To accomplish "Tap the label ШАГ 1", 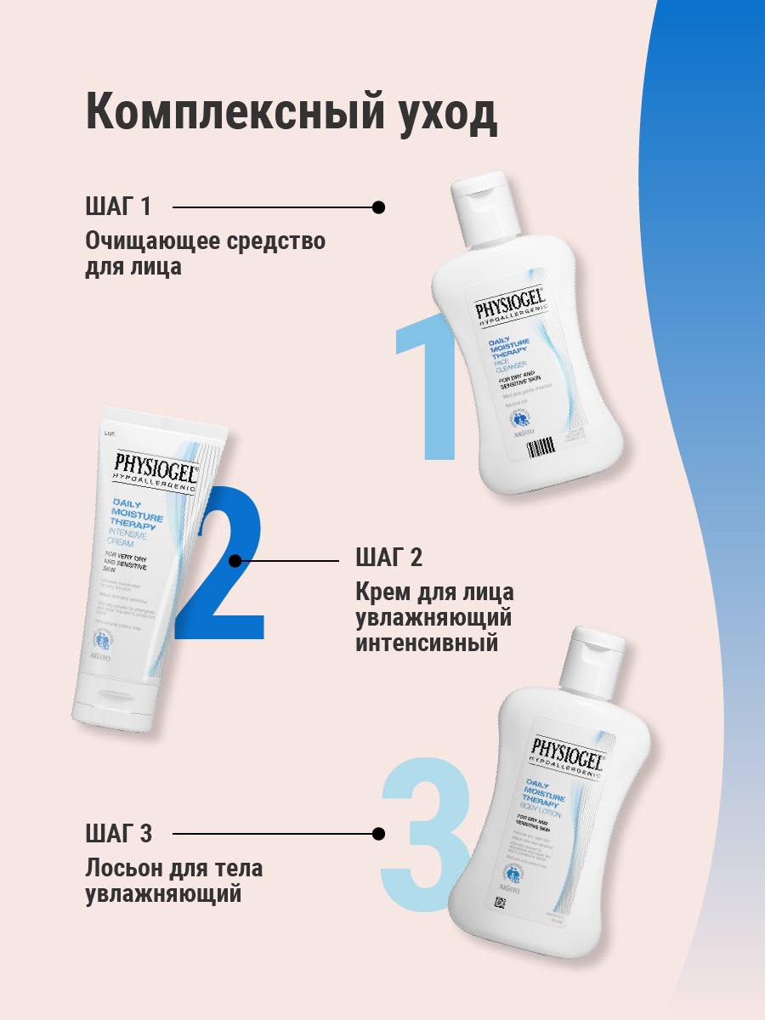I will tap(118, 207).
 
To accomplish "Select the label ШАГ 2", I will tap(388, 558).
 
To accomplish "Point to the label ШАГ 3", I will tap(118, 834).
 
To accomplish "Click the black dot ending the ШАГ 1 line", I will tap(379, 207).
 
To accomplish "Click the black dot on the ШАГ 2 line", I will tap(235, 560).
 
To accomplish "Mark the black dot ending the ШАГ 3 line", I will tap(379, 834).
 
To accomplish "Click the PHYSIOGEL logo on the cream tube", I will tap(156, 466).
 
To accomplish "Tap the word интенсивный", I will tap(426, 643).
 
